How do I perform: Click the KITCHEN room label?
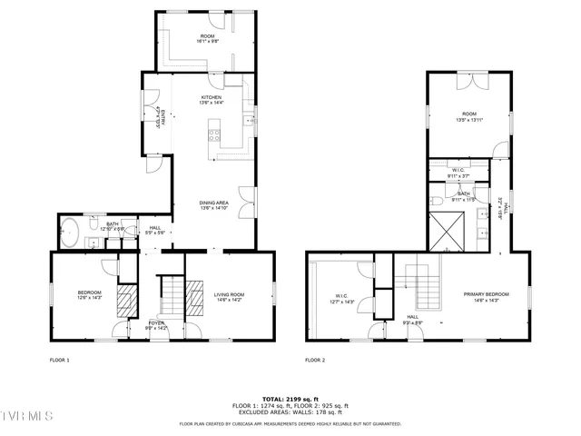click(x=212, y=97)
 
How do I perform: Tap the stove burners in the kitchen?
click(x=214, y=136)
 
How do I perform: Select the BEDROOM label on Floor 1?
click(x=89, y=292)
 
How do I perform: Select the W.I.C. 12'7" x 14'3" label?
click(x=342, y=298)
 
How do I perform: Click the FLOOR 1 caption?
click(x=60, y=361)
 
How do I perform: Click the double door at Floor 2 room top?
click(x=469, y=80)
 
